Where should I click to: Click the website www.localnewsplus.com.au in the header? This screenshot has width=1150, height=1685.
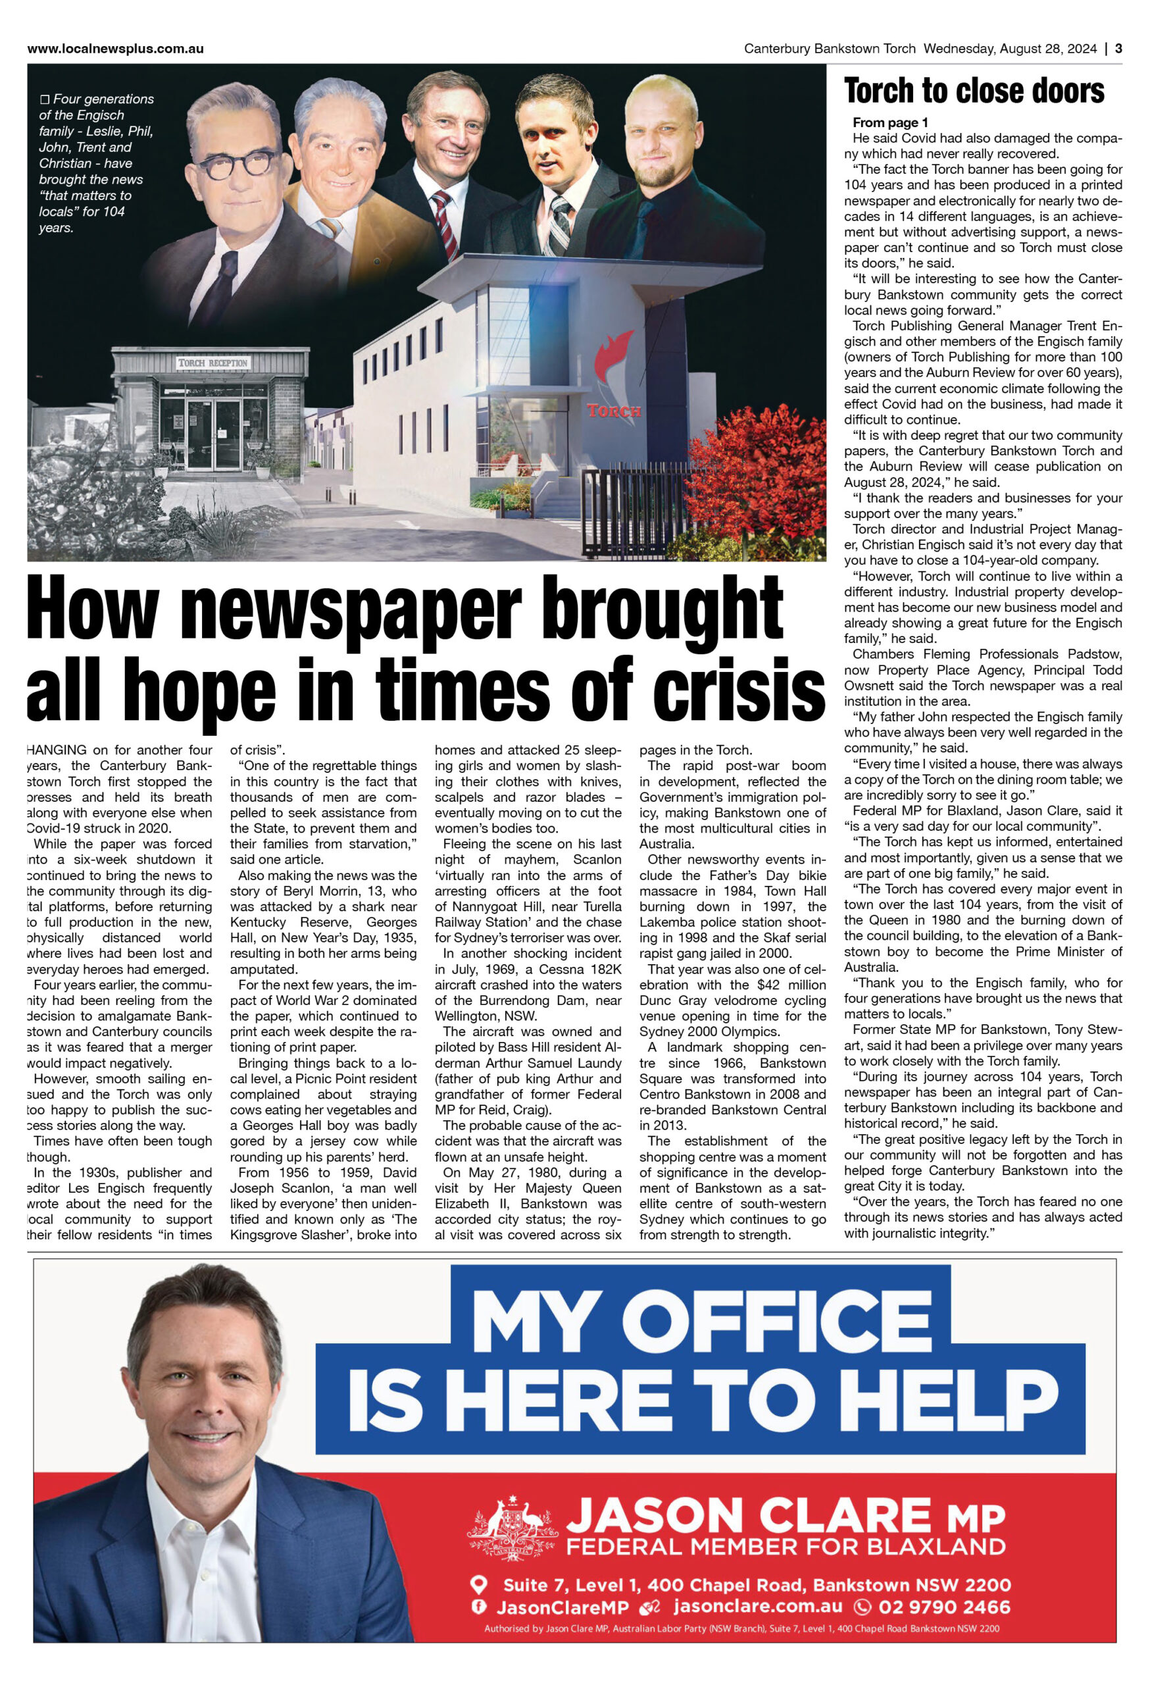pyautogui.click(x=115, y=49)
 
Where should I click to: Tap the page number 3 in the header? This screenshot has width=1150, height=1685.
pyautogui.click(x=1118, y=49)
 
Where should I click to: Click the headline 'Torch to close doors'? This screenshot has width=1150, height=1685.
pyautogui.click(x=973, y=91)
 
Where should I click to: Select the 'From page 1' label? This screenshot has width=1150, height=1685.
pyautogui.click(x=890, y=122)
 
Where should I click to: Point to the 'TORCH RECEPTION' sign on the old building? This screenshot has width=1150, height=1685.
pyautogui.click(x=213, y=363)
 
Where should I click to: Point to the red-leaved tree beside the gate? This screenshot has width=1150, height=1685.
pyautogui.click(x=768, y=464)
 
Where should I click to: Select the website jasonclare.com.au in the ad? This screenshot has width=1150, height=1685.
pyautogui.click(x=757, y=1606)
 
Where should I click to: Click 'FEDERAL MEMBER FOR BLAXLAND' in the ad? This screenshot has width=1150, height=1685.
pyautogui.click(x=786, y=1547)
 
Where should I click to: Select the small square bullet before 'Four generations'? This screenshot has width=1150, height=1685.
pyautogui.click(x=45, y=99)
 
